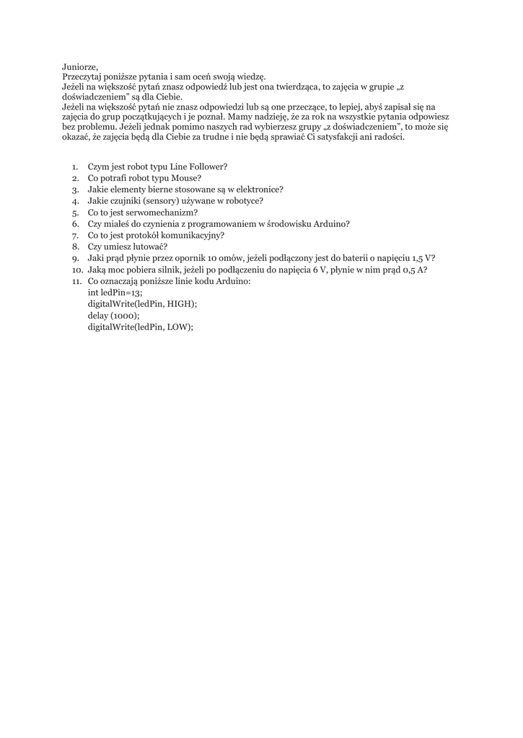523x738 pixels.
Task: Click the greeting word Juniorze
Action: point(80,65)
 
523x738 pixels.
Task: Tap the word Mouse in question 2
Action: point(185,178)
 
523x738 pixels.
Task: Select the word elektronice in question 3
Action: point(258,190)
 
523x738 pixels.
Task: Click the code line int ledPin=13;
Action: point(115,293)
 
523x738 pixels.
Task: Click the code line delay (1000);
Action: point(113,316)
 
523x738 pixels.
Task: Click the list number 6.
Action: point(76,224)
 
